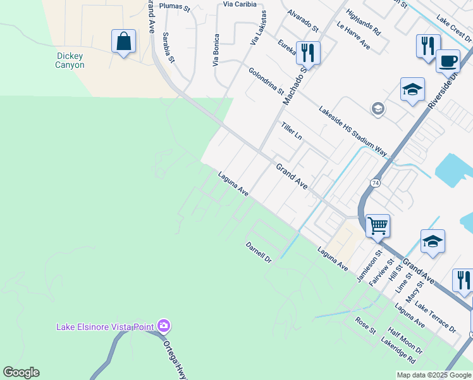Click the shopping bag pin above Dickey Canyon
coord(124,42)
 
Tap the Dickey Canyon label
coord(70,60)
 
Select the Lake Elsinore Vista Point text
coord(105,327)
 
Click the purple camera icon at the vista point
coord(164,326)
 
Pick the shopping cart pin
coord(378,225)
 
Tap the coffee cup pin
coord(448,61)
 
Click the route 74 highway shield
coord(376,183)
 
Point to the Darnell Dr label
coord(258,251)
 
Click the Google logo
coord(21,372)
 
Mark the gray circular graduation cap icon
coord(378,110)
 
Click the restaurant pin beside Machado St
coord(308,53)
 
